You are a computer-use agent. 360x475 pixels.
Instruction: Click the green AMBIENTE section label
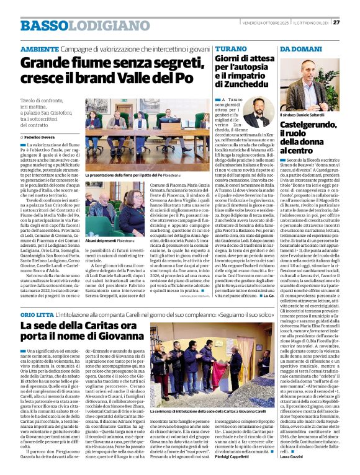41,48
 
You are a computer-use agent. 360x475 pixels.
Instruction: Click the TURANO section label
230,48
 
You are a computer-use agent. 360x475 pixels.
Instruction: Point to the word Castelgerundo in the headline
310,126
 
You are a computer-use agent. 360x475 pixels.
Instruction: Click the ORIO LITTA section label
37,315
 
